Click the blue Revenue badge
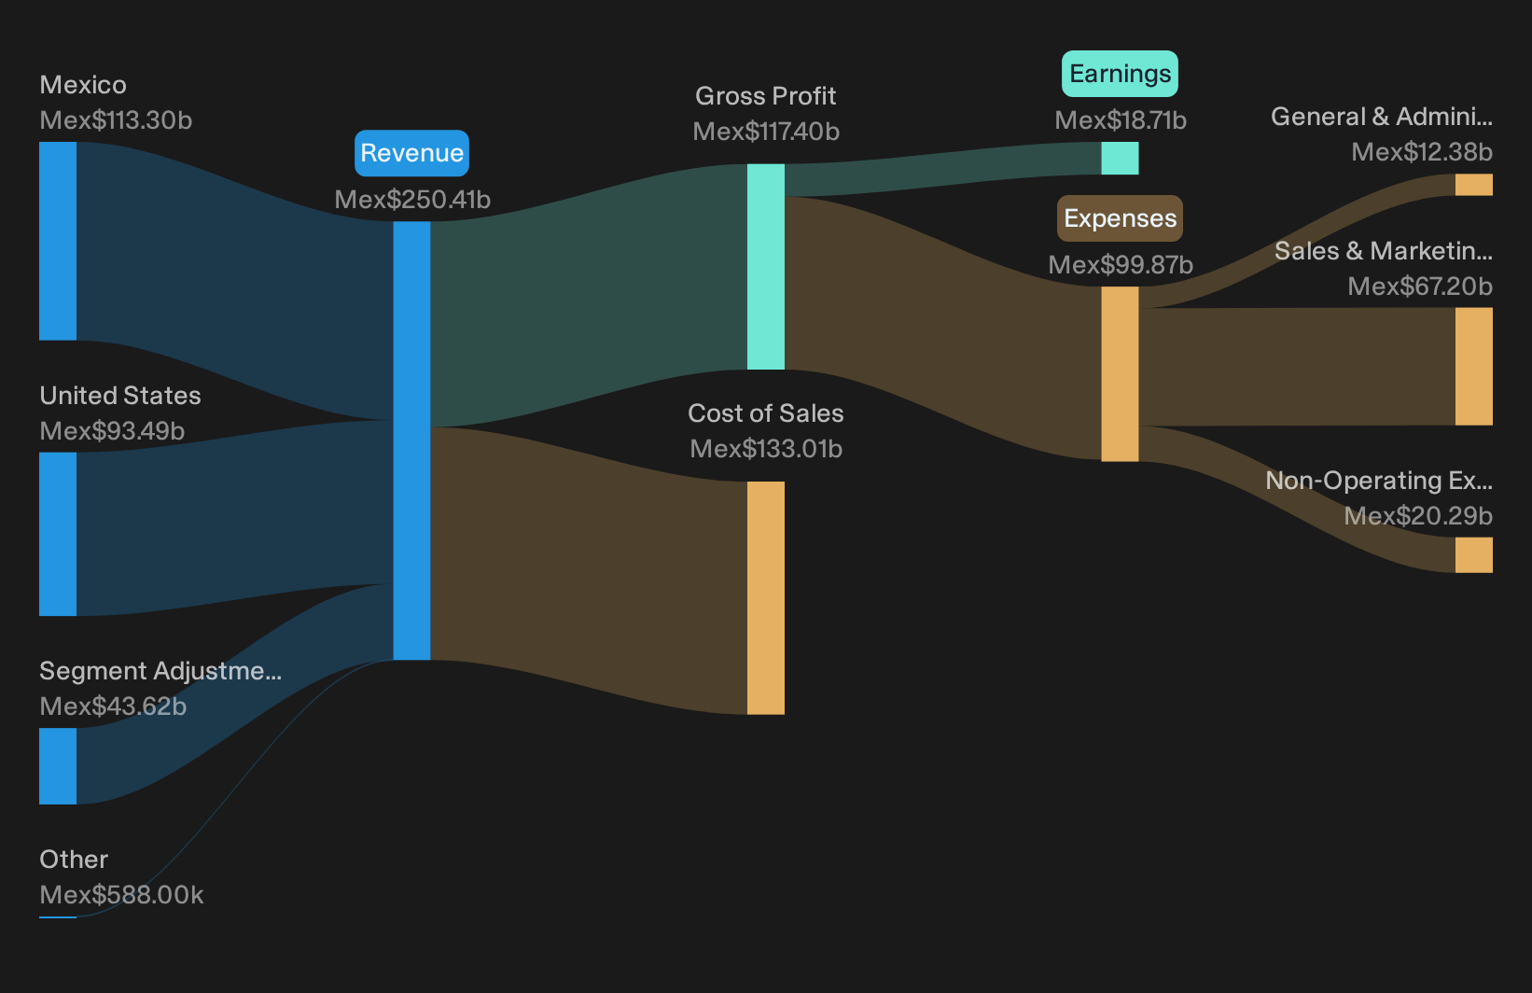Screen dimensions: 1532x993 click(411, 153)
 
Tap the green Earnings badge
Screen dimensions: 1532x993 click(1120, 74)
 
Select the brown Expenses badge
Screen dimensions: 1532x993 click(1120, 218)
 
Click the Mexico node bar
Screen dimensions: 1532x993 click(58, 241)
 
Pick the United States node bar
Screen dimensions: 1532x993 click(58, 534)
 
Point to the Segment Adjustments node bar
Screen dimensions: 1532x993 click(58, 766)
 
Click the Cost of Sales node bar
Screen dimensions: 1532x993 click(766, 598)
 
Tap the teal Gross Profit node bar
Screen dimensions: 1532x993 click(766, 267)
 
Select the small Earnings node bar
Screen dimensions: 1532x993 click(1120, 158)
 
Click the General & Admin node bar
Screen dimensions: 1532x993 click(1474, 185)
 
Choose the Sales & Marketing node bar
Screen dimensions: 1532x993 click(1474, 366)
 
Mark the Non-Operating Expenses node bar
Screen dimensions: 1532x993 click(1474, 555)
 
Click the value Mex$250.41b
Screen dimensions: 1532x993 click(412, 200)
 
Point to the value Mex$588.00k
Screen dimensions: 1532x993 click(121, 895)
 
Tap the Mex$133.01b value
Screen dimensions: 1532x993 click(766, 449)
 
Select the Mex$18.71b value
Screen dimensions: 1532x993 click(1121, 120)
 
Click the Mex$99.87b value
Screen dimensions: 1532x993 click(1121, 265)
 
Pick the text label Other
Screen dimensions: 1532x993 click(74, 860)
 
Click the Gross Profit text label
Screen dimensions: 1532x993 click(766, 96)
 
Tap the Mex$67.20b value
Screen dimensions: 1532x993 click(1420, 287)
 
